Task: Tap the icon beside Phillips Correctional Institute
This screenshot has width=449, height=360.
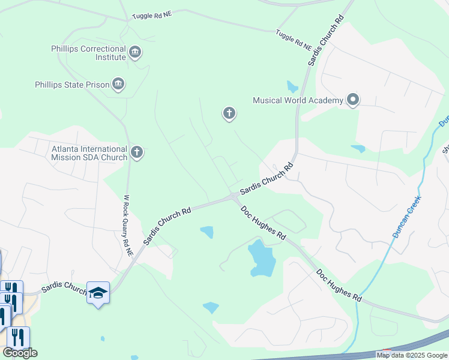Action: (136, 53)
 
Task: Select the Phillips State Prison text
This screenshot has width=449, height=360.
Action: (72, 85)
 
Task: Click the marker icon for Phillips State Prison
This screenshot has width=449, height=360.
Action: (118, 85)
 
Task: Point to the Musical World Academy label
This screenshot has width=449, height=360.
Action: (298, 100)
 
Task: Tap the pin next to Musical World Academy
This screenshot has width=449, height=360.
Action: (353, 100)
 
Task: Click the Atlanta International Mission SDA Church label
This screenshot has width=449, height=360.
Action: (89, 153)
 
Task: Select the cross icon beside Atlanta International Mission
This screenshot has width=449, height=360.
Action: (137, 152)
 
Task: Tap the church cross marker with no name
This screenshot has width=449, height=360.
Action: (229, 113)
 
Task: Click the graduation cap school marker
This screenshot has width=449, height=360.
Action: (98, 293)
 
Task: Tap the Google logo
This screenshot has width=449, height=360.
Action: (20, 353)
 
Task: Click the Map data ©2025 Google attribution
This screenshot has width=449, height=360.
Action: (412, 355)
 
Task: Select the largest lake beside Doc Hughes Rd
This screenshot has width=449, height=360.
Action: (261, 258)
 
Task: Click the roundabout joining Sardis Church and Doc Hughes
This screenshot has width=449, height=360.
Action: (233, 198)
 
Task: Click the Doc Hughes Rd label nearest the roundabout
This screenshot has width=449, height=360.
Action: (263, 224)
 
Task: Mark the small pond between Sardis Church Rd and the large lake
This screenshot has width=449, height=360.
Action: (206, 232)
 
